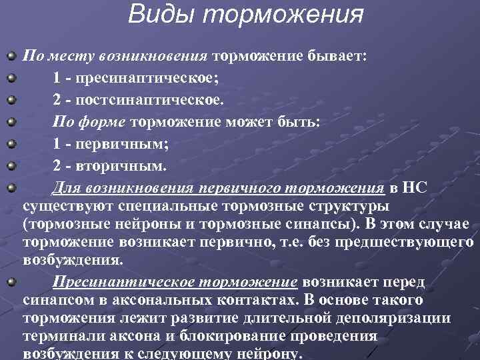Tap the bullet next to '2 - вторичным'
pyautogui.click(x=11, y=164)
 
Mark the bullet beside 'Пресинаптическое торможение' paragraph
pyautogui.click(x=11, y=281)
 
